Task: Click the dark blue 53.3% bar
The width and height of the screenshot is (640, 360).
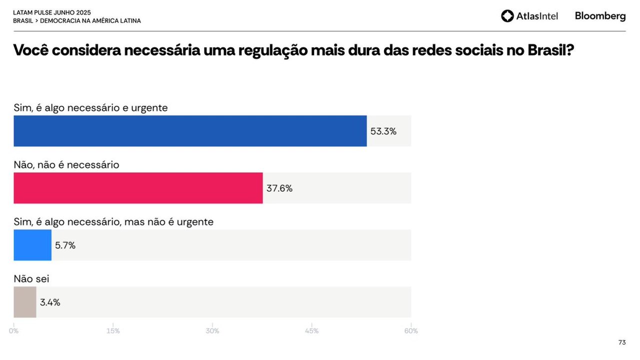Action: [x=190, y=131]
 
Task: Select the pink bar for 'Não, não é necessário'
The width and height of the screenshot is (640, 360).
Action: [x=138, y=188]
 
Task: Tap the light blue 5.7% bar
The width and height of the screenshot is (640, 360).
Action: [x=32, y=245]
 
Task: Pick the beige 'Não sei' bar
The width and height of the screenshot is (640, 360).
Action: [x=25, y=302]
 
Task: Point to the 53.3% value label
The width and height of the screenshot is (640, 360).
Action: [x=383, y=131]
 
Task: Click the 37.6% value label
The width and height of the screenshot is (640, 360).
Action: [x=279, y=188]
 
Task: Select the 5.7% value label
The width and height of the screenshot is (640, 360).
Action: [x=65, y=245]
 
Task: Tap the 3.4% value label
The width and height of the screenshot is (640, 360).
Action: [x=50, y=302]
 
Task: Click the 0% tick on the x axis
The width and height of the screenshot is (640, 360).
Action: [x=14, y=331]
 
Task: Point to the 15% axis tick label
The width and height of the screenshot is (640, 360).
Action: [x=113, y=331]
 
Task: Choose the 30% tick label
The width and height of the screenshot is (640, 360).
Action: [x=212, y=331]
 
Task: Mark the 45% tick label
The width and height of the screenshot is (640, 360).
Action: [x=311, y=331]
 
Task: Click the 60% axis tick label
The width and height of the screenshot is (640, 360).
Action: [x=411, y=331]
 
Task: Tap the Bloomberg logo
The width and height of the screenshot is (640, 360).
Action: [x=600, y=16]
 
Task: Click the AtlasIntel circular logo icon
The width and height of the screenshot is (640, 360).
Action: [x=507, y=16]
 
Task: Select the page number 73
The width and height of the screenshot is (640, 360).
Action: [x=622, y=342]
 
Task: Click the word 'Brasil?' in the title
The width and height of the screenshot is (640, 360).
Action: [x=550, y=50]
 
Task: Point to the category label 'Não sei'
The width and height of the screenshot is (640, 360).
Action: [x=31, y=279]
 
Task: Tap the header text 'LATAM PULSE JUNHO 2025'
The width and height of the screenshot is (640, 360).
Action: [x=52, y=12]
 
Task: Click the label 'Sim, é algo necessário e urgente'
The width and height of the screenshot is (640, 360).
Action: [x=90, y=107]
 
